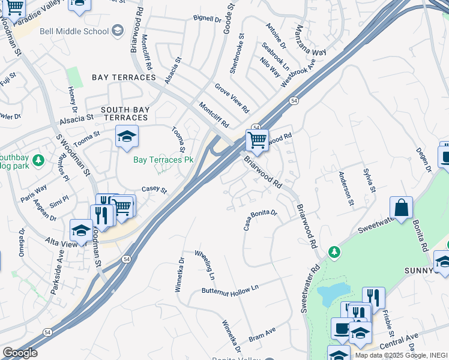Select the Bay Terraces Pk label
[163, 160]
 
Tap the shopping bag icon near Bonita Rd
[401, 208]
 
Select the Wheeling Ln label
[204, 265]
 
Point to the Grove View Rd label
[232, 99]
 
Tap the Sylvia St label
[369, 181]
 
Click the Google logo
[20, 353]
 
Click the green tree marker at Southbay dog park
[38, 161]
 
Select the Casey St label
[154, 190]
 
